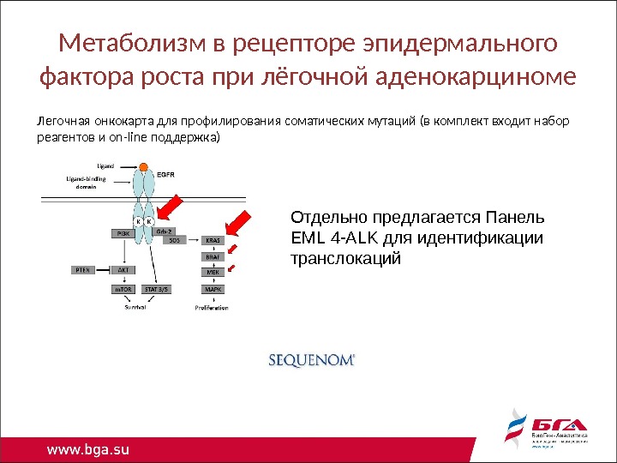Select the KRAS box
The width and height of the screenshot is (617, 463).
[212, 242]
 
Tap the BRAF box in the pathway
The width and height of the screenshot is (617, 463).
[212, 256]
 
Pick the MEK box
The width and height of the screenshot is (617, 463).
[212, 272]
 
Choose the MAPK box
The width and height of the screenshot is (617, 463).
[212, 289]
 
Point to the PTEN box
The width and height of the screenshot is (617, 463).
[82, 269]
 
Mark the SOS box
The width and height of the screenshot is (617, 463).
[175, 241]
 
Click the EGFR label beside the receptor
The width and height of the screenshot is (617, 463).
[166, 172]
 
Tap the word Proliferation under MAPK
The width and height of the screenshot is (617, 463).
[212, 307]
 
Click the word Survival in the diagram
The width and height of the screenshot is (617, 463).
[135, 307]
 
